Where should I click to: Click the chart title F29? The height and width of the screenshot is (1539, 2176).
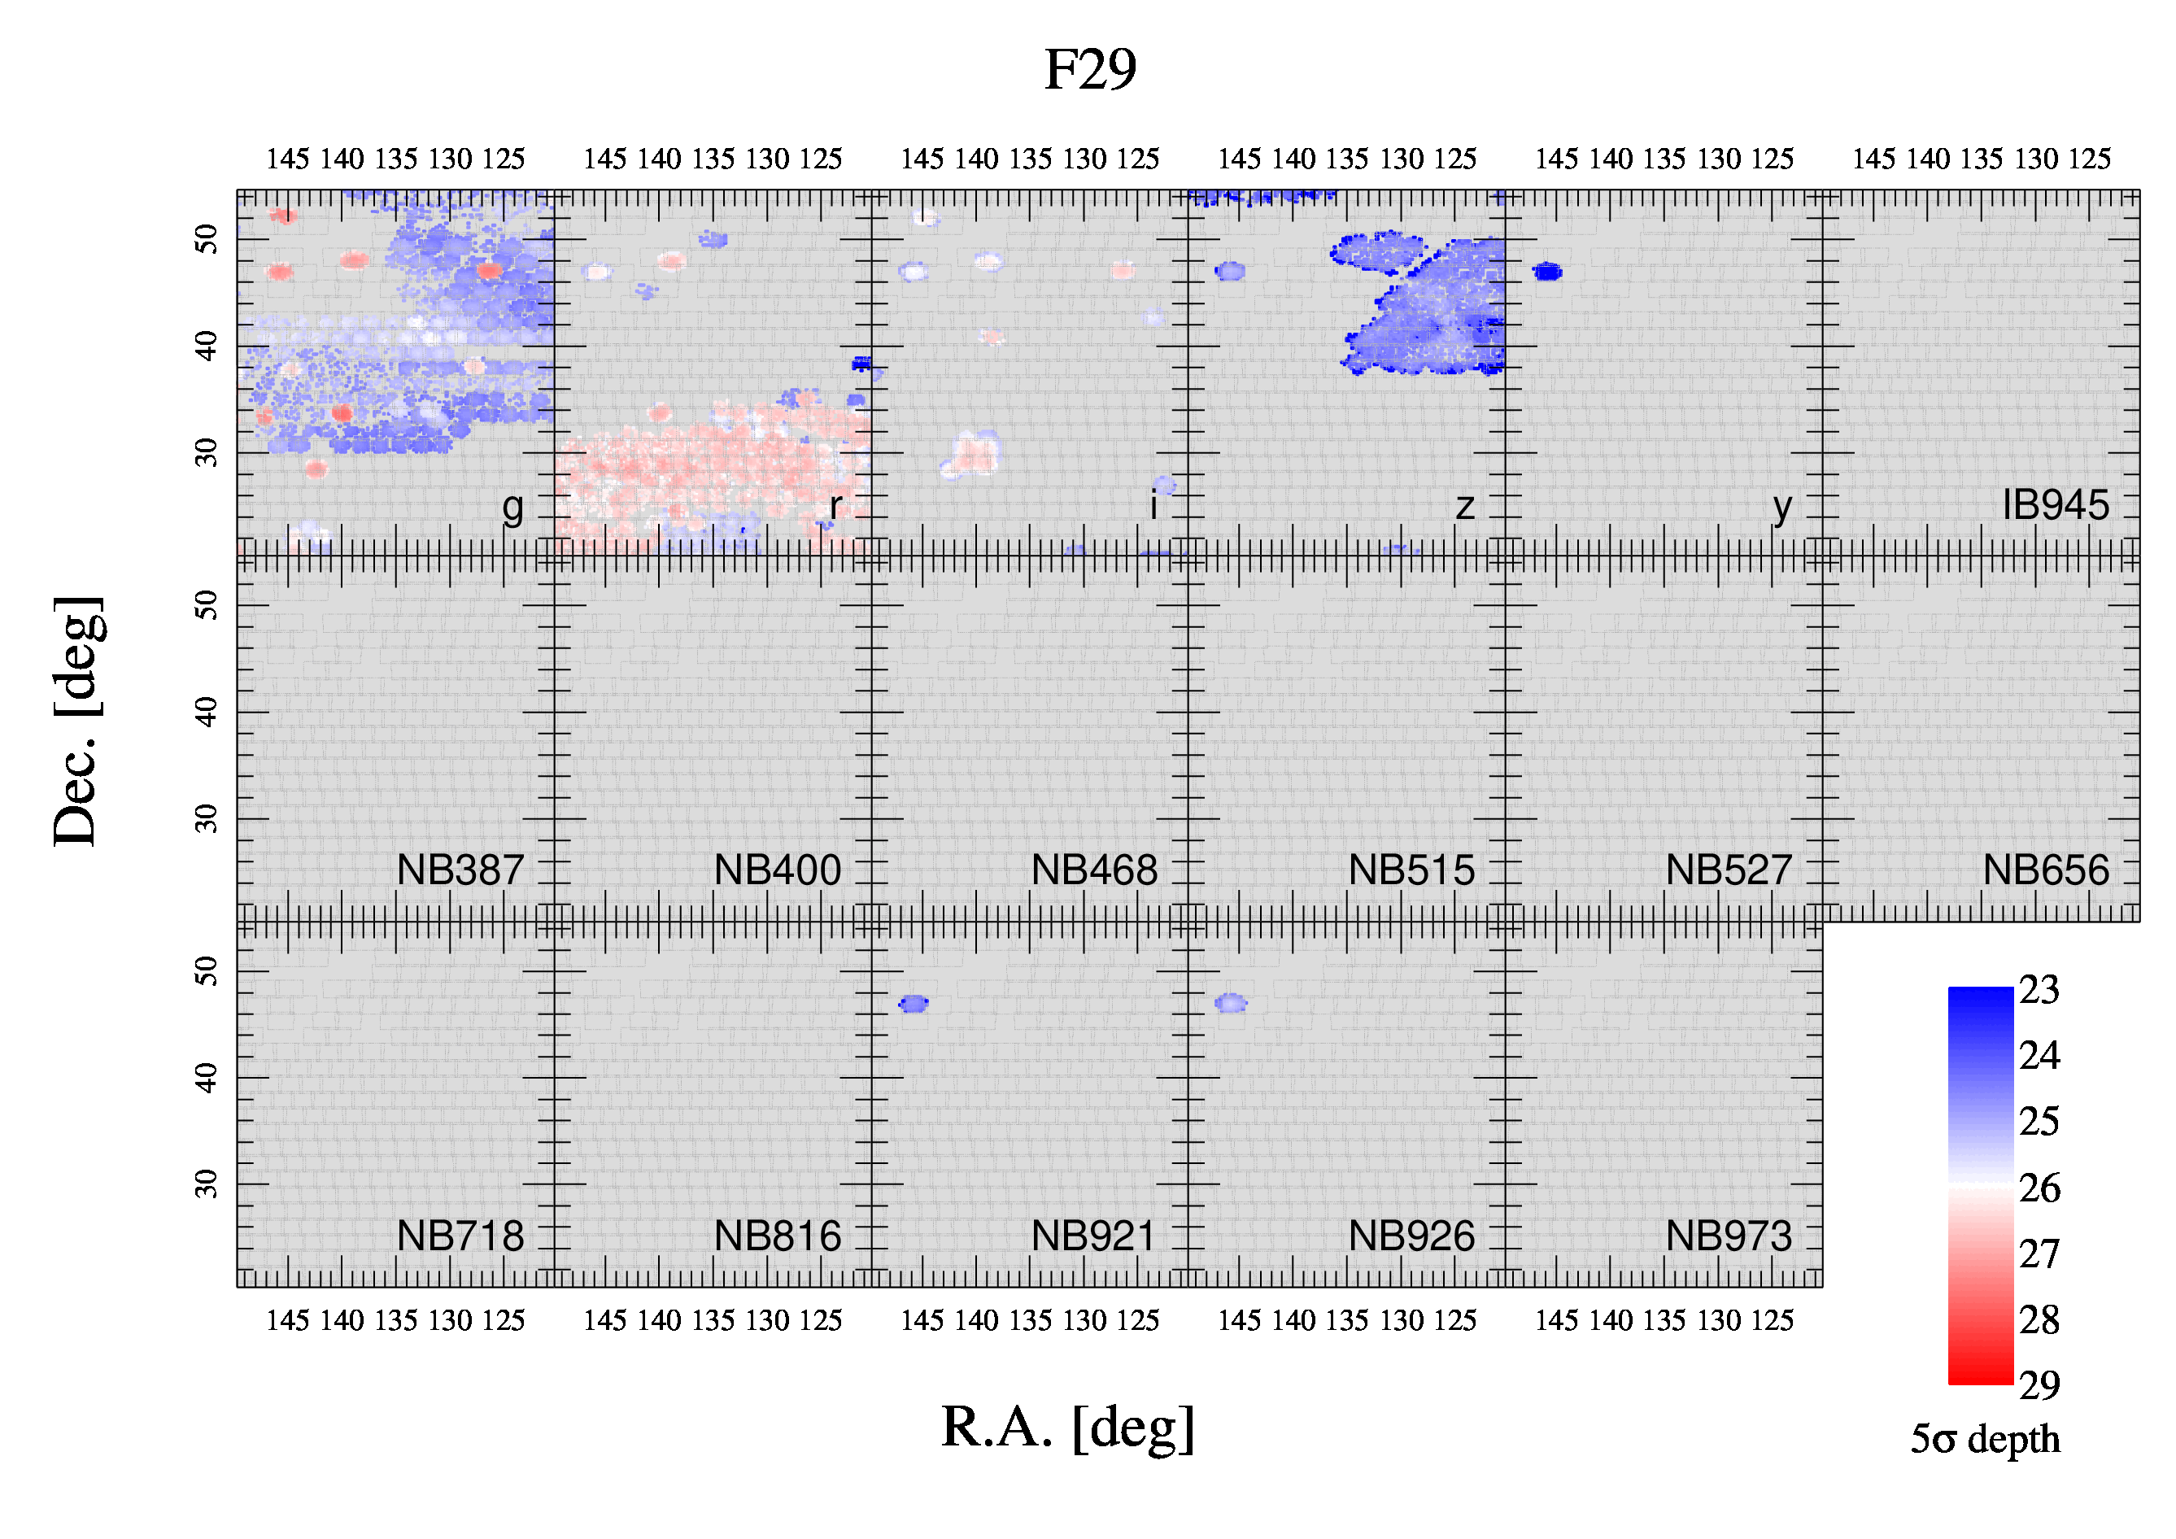click(1090, 70)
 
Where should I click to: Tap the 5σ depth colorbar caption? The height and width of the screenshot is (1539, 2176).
click(1985, 1440)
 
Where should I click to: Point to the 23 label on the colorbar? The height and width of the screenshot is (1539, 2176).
click(2039, 989)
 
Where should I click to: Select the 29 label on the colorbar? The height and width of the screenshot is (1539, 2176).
click(2039, 1385)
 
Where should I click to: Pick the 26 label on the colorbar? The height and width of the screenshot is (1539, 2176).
click(2039, 1188)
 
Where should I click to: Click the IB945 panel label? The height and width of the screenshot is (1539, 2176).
click(2056, 505)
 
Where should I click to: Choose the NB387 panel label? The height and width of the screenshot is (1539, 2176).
click(460, 870)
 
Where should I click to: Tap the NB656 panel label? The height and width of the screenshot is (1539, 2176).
click(2046, 870)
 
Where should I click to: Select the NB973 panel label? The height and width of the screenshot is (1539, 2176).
click(1729, 1236)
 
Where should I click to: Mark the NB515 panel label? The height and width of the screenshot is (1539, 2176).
click(1411, 870)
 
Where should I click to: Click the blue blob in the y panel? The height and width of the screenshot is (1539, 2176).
click(1546, 272)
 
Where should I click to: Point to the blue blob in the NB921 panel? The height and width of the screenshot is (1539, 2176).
click(914, 1004)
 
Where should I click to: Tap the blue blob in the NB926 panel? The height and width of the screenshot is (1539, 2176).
click(1231, 1003)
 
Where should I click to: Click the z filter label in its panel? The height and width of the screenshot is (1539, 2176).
click(1465, 507)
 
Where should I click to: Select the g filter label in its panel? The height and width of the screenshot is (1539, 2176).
click(512, 510)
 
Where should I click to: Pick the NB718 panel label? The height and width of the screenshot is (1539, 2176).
click(460, 1236)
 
